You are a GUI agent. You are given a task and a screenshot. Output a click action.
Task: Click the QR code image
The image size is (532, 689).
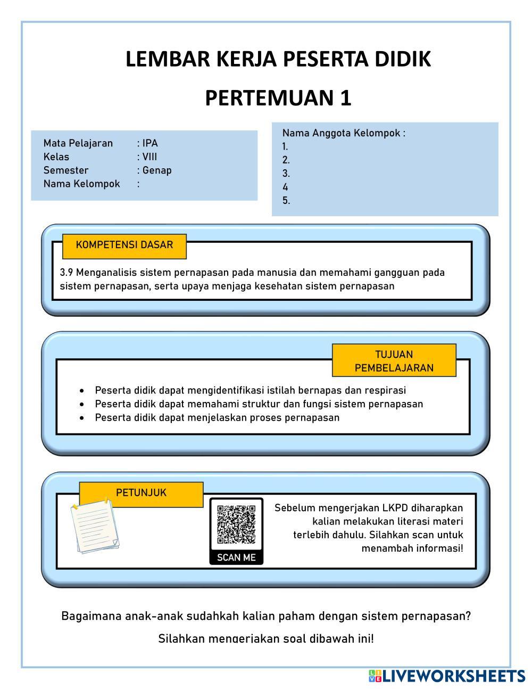pyautogui.click(x=236, y=524)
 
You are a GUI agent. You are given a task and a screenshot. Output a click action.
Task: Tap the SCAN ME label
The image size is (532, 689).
pyautogui.click(x=236, y=557)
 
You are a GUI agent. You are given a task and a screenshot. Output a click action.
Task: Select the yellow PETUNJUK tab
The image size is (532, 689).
pyautogui.click(x=141, y=493)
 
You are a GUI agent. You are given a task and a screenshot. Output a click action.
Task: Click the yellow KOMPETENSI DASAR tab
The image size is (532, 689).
pyautogui.click(x=124, y=245)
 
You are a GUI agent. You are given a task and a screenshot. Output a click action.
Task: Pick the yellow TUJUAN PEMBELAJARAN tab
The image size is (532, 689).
pyautogui.click(x=394, y=361)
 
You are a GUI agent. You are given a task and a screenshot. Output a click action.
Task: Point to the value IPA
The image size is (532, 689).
pyautogui.click(x=150, y=143)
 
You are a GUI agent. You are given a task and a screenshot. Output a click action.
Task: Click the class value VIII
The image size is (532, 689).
pyautogui.click(x=149, y=157)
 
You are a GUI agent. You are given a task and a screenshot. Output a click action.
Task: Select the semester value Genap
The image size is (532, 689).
pyautogui.click(x=157, y=170)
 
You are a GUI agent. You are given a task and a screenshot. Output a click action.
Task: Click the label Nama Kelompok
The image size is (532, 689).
pyautogui.click(x=82, y=184)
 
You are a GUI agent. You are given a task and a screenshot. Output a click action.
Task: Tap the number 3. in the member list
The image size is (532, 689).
pyautogui.click(x=286, y=174)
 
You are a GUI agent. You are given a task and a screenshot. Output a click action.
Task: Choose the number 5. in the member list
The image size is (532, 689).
pyautogui.click(x=286, y=201)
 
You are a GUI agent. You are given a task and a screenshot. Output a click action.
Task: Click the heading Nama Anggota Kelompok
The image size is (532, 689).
pyautogui.click(x=344, y=133)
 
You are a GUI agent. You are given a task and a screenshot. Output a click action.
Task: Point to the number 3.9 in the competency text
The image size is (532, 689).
pyautogui.click(x=66, y=273)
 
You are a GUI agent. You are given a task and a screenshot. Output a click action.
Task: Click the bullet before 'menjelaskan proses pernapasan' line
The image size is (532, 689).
pyautogui.click(x=81, y=418)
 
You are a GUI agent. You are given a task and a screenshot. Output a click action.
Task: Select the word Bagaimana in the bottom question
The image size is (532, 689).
pyautogui.click(x=91, y=617)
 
